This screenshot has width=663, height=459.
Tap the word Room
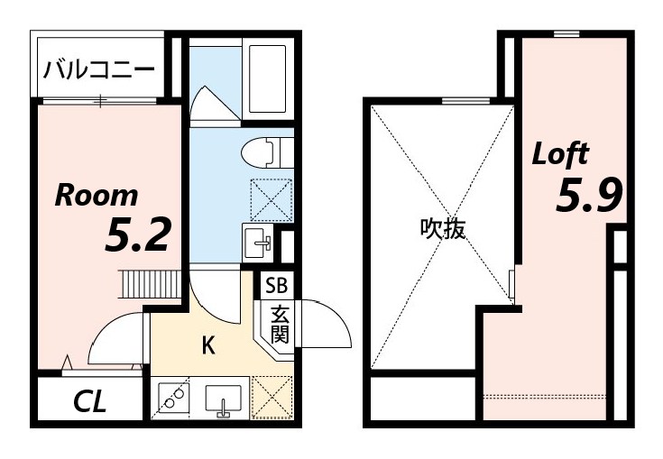click(x=97, y=196)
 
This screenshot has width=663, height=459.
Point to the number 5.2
click(x=138, y=235)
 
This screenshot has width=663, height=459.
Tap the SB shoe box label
click(x=276, y=287)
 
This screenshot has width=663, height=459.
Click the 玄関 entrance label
click(x=279, y=327)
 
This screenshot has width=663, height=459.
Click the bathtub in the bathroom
click(x=269, y=79)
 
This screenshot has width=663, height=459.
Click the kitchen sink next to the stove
click(x=222, y=399)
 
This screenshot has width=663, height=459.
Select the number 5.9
click(x=588, y=196)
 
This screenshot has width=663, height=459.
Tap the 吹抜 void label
click(x=443, y=230)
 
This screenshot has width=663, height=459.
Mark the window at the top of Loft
click(x=566, y=34)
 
